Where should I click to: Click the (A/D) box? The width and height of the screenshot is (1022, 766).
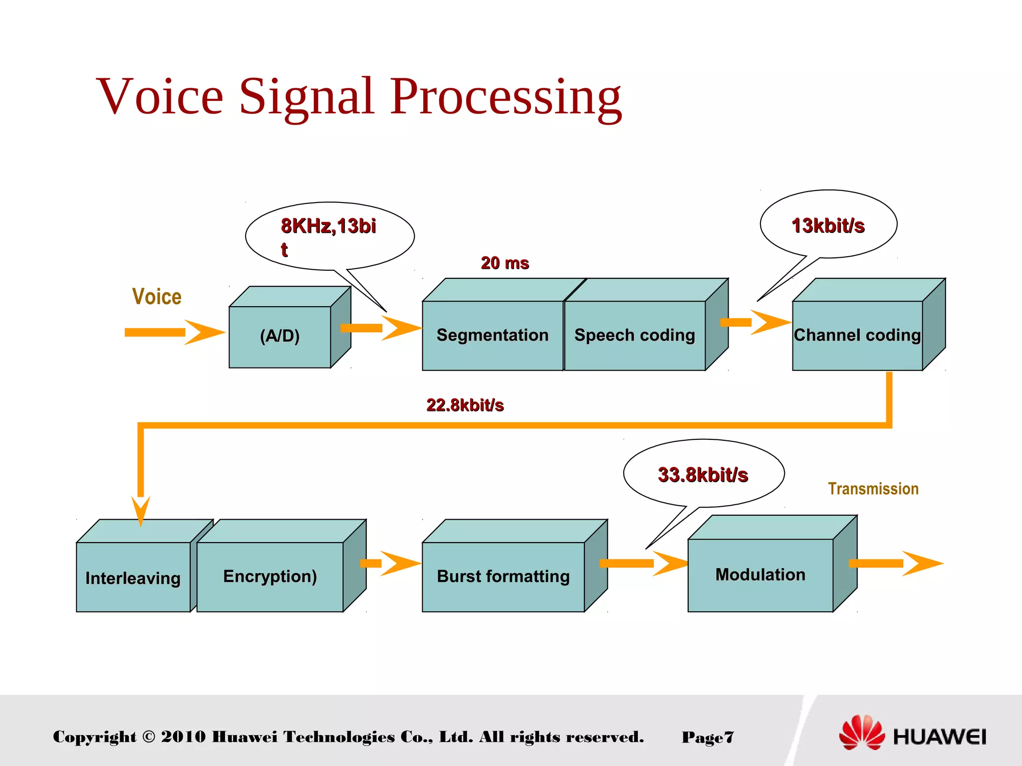coord(280,336)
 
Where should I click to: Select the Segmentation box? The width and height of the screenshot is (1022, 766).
coord(493,335)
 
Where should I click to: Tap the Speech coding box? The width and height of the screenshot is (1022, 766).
coord(635,335)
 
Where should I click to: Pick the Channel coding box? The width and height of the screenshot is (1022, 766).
coord(857,335)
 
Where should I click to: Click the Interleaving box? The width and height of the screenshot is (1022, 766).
coord(133,577)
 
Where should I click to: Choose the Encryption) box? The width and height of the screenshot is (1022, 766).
coord(270,576)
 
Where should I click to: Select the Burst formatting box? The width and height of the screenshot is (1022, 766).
coord(503,576)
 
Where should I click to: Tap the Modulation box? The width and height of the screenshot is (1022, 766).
coord(760,574)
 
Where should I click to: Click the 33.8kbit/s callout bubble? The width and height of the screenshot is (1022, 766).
coord(703,474)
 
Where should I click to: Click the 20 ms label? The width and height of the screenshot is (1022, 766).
coord(505,263)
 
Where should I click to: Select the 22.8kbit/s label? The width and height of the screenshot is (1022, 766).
coord(465,405)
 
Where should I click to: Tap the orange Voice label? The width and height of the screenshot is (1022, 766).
coord(157,297)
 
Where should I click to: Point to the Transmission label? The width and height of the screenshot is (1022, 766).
coord(873,489)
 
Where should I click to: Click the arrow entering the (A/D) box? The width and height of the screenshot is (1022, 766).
coord(175,332)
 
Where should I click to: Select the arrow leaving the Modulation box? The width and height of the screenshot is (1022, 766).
coord(896,564)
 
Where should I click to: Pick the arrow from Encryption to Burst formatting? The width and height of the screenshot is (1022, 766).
coord(392,564)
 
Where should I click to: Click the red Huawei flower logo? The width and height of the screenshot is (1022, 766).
coord(861,733)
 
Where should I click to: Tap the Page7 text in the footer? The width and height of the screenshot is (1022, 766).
coord(708,737)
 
